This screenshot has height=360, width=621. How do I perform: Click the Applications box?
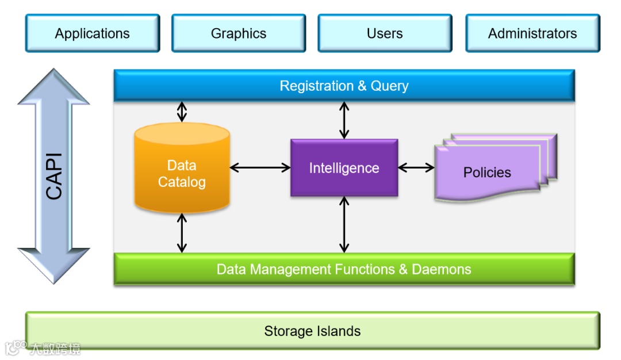pos(93,33)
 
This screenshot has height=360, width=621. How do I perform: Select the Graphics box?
pos(239,33)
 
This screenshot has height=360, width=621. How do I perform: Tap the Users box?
pos(385,33)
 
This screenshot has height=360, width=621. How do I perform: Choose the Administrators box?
pos(532,33)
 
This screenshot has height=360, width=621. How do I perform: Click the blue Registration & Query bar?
pos(344,86)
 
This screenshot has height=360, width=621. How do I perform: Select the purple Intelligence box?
pos(344,168)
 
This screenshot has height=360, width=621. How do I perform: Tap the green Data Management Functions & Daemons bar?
pos(344,269)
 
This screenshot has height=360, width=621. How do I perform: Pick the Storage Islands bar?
pos(312,331)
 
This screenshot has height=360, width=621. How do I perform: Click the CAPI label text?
pos(54,176)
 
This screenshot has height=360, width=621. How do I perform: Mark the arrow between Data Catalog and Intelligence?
pos(260,168)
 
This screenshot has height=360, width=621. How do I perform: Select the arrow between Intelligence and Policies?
pos(416,168)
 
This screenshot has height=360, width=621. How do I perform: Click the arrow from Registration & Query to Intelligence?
pos(344,120)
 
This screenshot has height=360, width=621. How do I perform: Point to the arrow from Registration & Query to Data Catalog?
pos(182,112)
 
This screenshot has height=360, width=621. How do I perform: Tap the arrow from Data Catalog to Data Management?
pos(182,233)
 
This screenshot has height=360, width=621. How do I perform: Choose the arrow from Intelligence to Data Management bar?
pos(344,225)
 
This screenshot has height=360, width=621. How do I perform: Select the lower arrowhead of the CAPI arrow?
pos(53,266)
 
